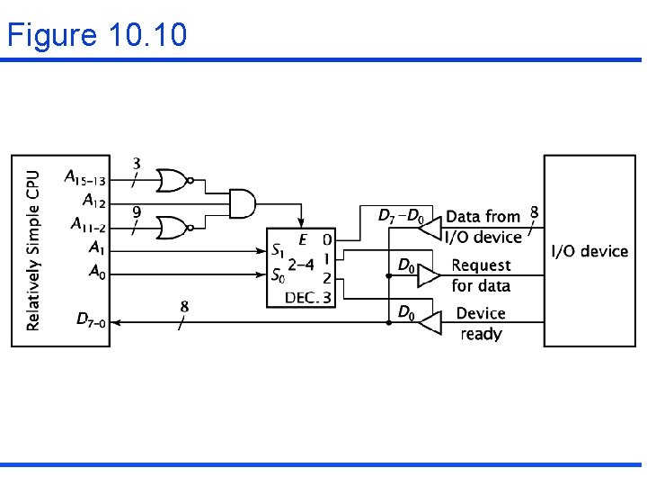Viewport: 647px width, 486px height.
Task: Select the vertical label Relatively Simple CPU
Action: tap(33, 250)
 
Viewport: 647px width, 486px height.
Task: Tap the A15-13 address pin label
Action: tap(84, 177)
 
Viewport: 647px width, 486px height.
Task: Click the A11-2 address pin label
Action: tap(87, 224)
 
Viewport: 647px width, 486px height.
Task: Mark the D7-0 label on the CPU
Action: tap(91, 319)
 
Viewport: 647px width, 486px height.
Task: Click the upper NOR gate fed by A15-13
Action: tap(172, 180)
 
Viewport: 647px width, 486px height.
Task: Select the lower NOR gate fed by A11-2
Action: tap(172, 228)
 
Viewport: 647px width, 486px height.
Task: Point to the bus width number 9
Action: tap(136, 212)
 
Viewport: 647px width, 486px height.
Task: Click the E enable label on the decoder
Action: tap(303, 239)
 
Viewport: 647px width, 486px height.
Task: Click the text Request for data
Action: tap(481, 275)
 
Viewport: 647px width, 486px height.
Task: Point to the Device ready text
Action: tap(481, 323)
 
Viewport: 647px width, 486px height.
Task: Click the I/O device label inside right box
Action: tap(589, 250)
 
